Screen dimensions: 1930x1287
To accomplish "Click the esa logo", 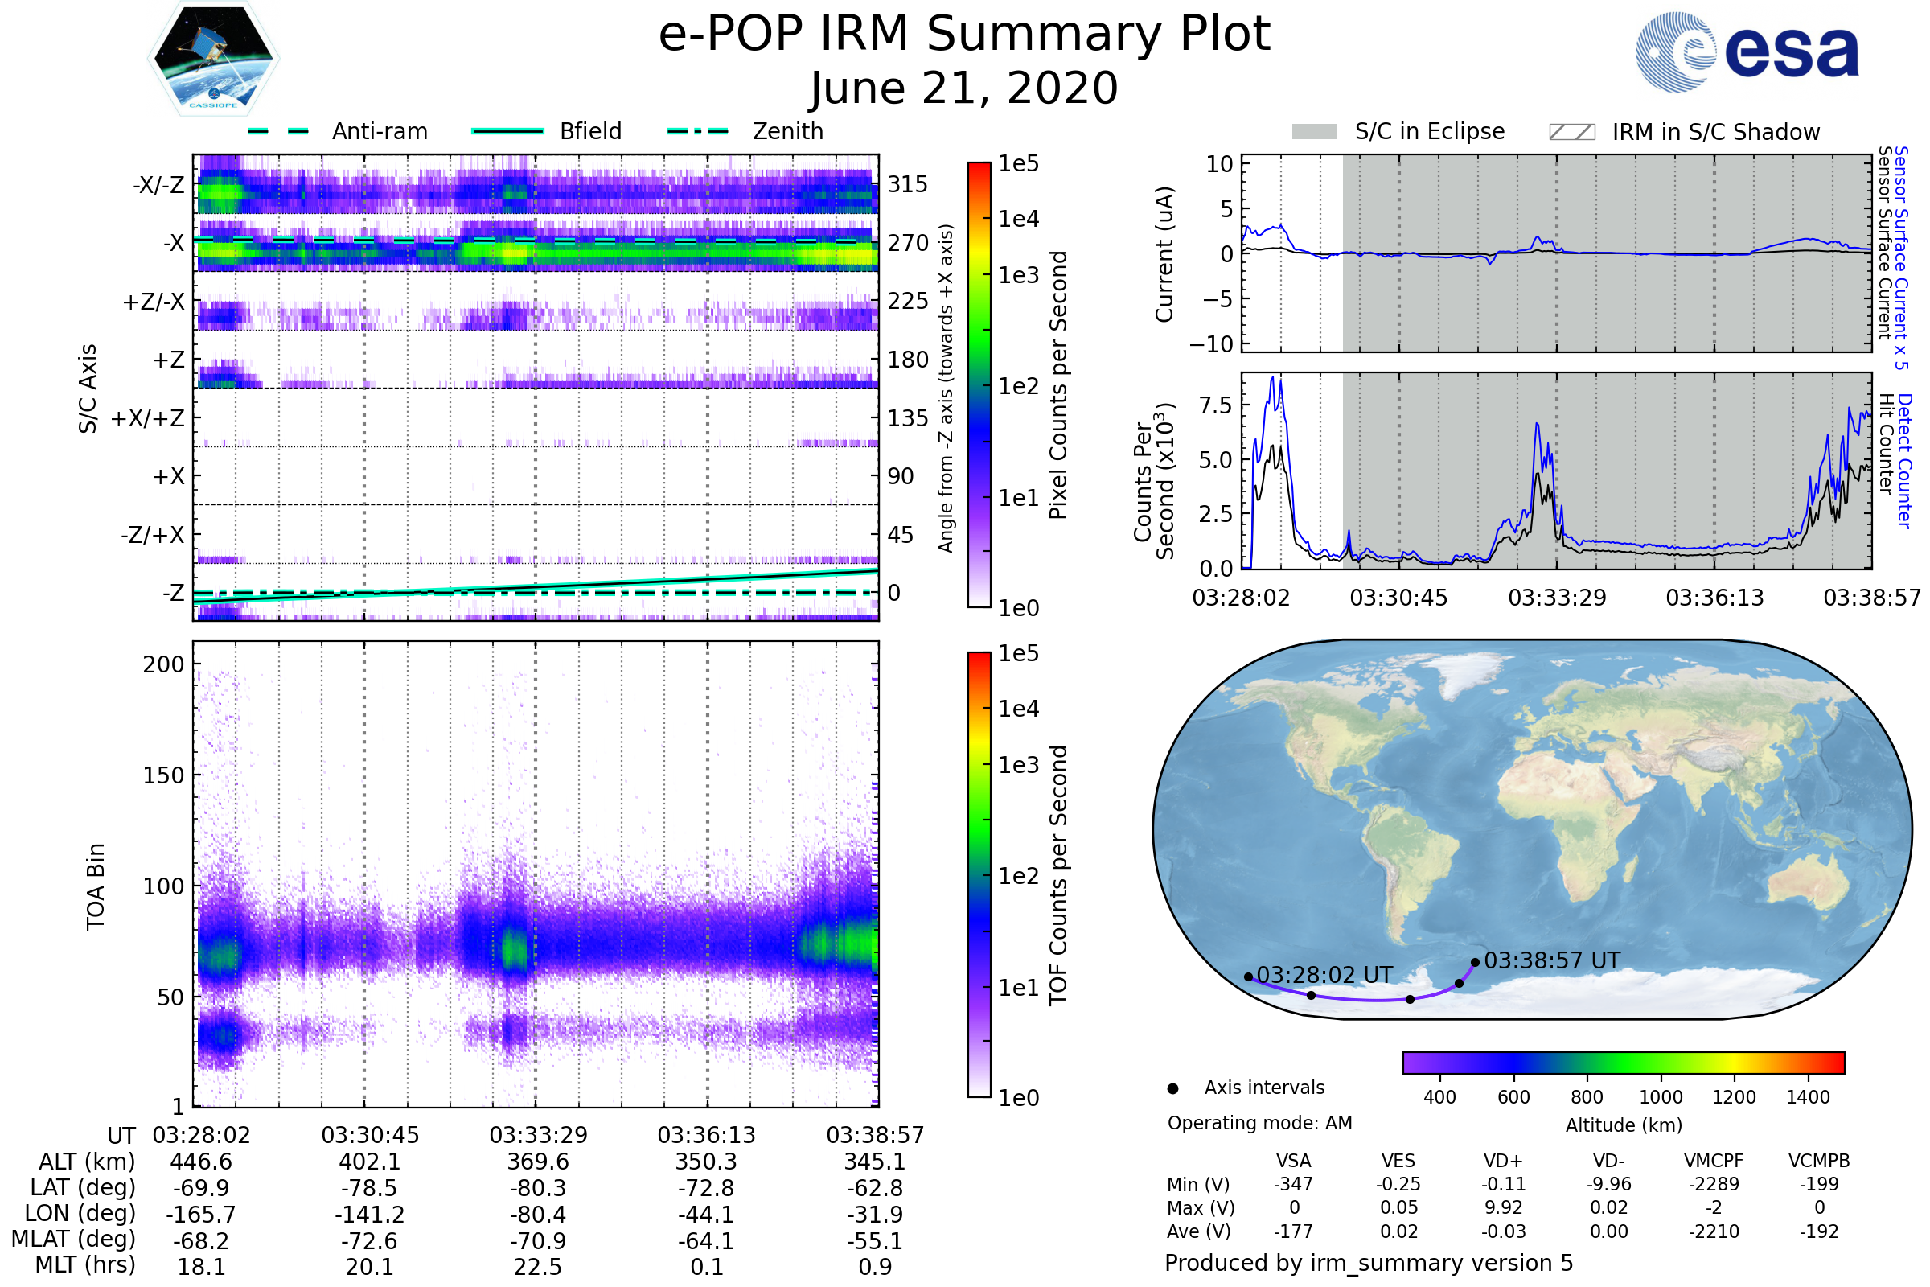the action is pos(1747,51).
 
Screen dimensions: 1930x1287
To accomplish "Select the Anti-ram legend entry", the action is pos(337,131).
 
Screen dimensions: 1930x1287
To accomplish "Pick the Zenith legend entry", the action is pos(745,131).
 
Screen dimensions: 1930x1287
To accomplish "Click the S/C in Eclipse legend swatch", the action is pos(1315,132).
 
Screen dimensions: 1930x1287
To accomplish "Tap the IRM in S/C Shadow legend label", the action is pos(1716,132).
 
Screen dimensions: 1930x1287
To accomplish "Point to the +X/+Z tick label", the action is pos(148,418).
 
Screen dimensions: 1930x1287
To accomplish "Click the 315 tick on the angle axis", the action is pos(908,184).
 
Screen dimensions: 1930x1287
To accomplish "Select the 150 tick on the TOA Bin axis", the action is pos(163,775).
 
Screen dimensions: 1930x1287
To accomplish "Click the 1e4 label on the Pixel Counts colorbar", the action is pos(1018,219).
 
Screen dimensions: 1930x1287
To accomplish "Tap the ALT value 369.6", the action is pos(537,1162).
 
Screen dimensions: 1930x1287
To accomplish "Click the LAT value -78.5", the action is pos(370,1189).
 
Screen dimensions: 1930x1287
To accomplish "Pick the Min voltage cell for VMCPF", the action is pos(1714,1184).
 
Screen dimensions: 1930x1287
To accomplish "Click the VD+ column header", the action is pos(1503,1162).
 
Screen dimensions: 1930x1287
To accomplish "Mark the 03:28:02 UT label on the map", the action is pos(1324,975).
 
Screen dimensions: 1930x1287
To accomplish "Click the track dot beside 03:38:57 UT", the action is pos(1476,962).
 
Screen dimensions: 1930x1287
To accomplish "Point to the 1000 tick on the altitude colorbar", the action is pos(1661,1097).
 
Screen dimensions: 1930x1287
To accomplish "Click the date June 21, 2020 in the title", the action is pos(964,88).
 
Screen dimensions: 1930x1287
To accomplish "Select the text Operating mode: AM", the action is pos(1259,1123).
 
